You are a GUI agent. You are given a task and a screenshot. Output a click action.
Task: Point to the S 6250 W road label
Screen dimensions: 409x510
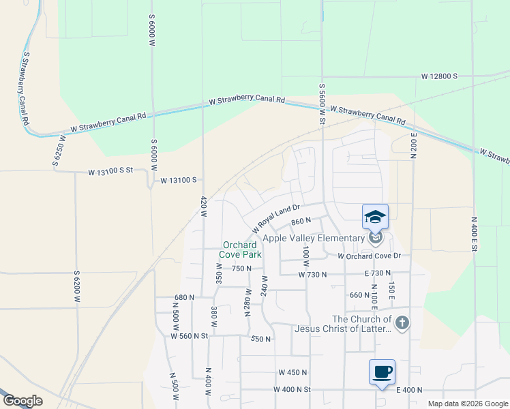click(x=59, y=151)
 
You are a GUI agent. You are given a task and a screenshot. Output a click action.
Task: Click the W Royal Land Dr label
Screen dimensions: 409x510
click(x=276, y=217)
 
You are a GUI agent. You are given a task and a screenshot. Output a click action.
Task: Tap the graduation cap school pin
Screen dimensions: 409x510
click(x=375, y=217)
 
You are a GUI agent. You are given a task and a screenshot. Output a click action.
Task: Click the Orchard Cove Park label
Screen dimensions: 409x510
click(x=239, y=249)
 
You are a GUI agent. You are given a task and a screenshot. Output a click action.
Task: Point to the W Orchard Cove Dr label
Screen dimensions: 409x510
click(x=370, y=256)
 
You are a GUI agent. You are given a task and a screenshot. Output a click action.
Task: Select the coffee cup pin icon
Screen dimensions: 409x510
click(x=382, y=372)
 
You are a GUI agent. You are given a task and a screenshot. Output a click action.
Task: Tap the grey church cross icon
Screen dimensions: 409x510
click(x=402, y=322)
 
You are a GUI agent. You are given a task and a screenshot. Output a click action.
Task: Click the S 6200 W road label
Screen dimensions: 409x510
click(x=77, y=286)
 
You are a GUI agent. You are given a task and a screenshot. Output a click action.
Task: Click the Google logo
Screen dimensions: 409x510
click(x=22, y=401)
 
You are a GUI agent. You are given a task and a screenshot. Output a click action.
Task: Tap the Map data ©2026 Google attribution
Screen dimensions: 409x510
click(x=467, y=404)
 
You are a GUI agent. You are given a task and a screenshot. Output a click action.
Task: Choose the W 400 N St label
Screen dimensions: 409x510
click(x=292, y=389)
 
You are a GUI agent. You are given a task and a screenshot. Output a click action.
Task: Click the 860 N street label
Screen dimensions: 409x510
click(x=301, y=221)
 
